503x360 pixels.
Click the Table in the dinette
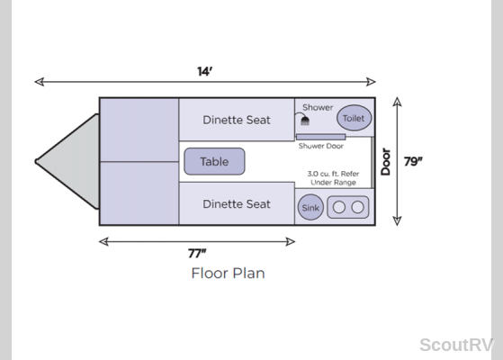click(214, 161)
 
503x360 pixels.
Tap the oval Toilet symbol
click(354, 118)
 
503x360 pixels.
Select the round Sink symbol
click(310, 207)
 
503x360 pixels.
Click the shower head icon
click(305, 121)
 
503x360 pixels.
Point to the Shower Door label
click(321, 146)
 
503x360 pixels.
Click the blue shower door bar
click(321, 137)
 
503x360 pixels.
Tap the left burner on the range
click(339, 207)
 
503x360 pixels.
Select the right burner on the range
click(358, 207)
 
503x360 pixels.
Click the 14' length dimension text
click(205, 71)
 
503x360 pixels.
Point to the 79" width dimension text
click(413, 161)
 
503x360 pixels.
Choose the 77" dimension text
click(197, 254)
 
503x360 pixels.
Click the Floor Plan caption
click(228, 274)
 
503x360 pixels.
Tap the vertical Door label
click(386, 162)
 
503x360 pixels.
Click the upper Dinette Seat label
click(237, 120)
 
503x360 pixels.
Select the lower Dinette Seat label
click(237, 204)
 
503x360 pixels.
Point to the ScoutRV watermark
click(456, 346)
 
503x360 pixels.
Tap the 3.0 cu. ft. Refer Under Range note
click(333, 178)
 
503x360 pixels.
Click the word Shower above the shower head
click(318, 107)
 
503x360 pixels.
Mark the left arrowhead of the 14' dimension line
click(39, 82)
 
